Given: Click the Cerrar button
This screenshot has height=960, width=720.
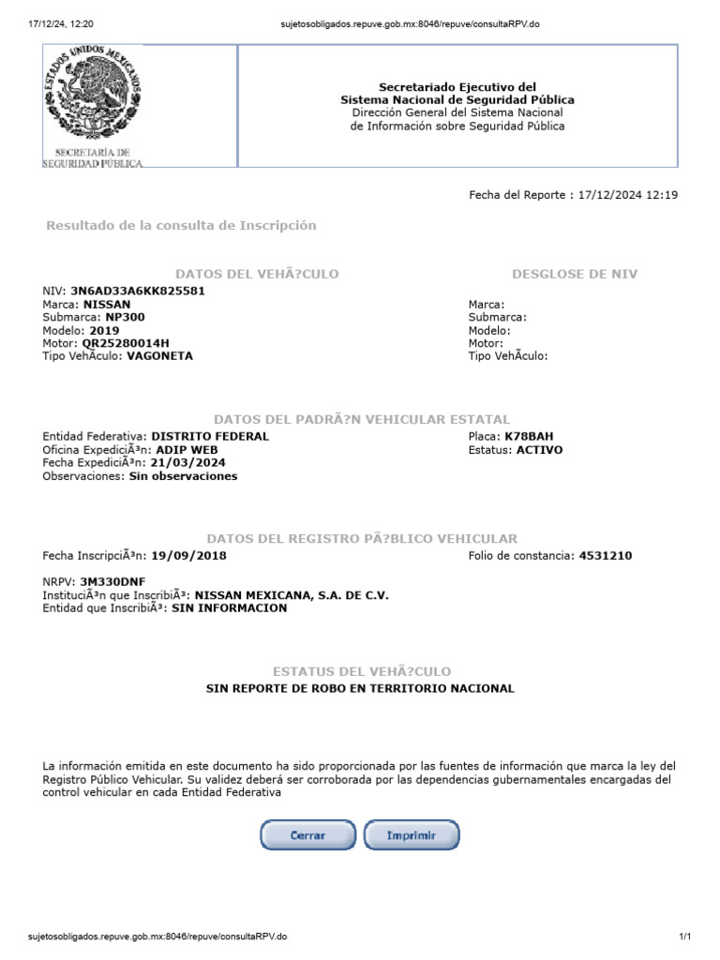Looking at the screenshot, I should (x=307, y=834).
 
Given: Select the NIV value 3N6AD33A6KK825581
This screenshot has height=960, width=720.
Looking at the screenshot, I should (x=138, y=291).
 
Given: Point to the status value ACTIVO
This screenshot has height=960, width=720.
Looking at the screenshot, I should (x=539, y=450).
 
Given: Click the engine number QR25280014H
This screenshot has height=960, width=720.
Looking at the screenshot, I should (x=126, y=343).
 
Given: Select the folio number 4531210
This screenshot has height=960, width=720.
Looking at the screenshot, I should (x=605, y=556).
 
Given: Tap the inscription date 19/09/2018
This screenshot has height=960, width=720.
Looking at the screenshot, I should (x=188, y=556).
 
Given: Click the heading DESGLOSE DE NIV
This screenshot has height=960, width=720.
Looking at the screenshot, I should (x=574, y=274).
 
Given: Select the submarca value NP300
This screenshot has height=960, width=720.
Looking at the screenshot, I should (x=125, y=317).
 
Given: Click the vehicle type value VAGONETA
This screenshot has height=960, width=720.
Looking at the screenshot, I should (x=159, y=356).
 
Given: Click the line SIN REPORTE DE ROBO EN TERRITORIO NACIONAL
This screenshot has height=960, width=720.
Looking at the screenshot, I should (x=360, y=688).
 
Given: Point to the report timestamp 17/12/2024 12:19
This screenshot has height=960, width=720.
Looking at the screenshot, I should (x=628, y=195).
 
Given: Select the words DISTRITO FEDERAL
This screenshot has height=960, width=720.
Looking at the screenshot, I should (x=210, y=437).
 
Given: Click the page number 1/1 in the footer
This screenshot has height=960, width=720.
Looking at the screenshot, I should (x=684, y=937).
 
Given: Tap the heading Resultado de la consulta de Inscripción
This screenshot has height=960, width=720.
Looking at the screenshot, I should (x=181, y=226).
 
